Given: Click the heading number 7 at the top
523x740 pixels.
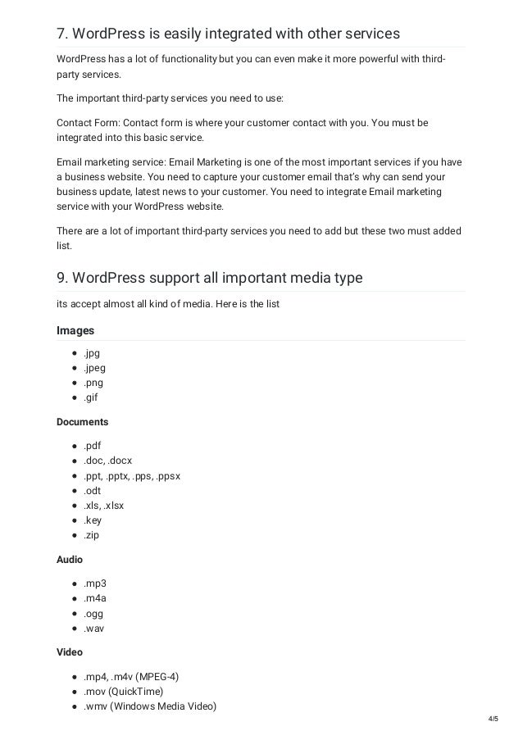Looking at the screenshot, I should [61, 34].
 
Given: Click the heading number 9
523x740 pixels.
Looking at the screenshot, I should [61, 278].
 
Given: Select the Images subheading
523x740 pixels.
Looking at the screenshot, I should [75, 331].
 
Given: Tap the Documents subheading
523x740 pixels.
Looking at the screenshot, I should [82, 422].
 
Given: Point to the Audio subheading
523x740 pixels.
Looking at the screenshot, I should [70, 559].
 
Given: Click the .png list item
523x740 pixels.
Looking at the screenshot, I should [93, 383].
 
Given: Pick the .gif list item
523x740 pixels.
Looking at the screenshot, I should [90, 397].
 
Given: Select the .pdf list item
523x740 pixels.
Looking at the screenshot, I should [92, 446].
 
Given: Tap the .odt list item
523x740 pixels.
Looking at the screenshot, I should [92, 491].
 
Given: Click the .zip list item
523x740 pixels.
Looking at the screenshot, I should [91, 535].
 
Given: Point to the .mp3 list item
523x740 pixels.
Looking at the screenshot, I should [94, 583].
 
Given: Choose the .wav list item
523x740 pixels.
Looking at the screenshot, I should [93, 629].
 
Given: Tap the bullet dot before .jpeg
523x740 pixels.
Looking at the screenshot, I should [74, 368].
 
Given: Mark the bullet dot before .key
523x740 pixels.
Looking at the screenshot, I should [74, 520].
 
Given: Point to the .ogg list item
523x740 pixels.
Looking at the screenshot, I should [93, 614].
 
